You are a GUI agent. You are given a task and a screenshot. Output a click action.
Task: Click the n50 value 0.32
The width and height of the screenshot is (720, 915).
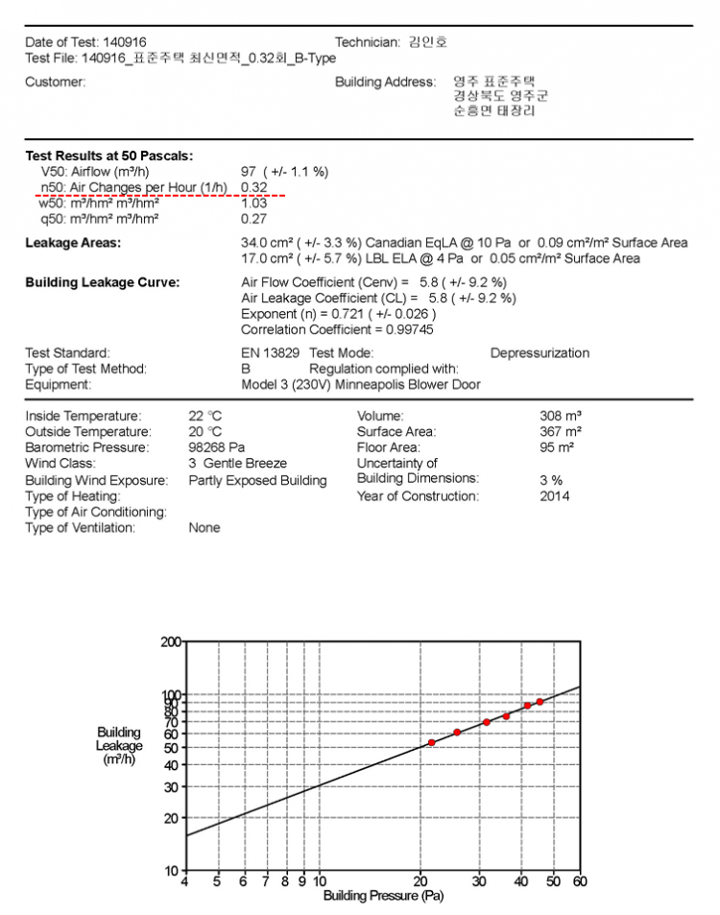click(253, 187)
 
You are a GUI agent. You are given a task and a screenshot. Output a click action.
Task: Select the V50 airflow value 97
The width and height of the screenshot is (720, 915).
click(248, 172)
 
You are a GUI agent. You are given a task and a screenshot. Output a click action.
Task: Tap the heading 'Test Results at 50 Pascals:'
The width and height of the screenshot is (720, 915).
click(108, 156)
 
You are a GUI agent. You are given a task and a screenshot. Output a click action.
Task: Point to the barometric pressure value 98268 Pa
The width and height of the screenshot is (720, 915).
click(217, 447)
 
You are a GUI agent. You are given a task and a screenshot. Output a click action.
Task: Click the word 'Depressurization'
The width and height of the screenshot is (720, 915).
click(540, 353)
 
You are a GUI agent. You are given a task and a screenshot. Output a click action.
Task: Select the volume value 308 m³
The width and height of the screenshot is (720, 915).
click(561, 417)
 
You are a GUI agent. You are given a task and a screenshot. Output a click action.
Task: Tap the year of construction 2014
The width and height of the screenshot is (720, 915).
click(554, 496)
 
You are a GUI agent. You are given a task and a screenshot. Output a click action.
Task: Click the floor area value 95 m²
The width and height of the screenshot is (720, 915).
click(557, 447)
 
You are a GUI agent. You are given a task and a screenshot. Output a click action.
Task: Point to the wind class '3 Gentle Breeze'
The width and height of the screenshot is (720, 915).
click(237, 463)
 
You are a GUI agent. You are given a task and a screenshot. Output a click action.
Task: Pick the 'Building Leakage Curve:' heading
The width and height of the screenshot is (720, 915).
click(102, 283)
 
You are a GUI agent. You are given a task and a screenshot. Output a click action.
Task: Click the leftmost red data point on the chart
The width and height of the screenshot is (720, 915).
click(432, 742)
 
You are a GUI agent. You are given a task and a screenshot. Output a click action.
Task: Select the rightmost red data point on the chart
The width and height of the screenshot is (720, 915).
click(540, 702)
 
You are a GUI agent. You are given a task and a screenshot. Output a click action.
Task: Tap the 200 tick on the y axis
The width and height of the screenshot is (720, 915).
click(170, 641)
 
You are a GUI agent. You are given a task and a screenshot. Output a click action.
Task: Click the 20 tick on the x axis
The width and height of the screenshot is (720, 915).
click(420, 881)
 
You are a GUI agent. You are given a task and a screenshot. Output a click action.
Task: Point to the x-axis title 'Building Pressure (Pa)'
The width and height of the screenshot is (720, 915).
click(383, 897)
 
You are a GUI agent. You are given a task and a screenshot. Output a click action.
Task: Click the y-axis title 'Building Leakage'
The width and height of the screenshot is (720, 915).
click(119, 739)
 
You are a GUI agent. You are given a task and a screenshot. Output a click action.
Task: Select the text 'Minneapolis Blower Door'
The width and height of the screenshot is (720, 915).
click(409, 385)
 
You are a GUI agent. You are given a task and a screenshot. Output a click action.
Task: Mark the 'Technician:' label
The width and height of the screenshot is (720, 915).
click(367, 42)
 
